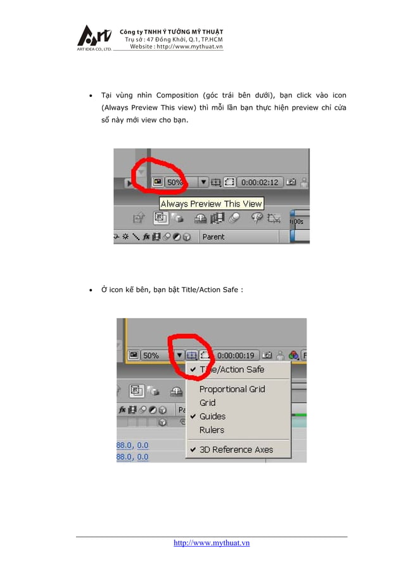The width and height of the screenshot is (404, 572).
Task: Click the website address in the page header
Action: point(176,47)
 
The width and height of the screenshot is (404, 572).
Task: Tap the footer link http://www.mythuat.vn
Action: point(211,543)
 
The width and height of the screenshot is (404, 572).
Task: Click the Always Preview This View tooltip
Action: point(211,204)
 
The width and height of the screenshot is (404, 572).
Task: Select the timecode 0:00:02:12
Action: point(260,182)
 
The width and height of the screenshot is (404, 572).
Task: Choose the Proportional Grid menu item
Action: point(232,389)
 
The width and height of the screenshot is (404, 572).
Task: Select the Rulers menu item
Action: point(211,430)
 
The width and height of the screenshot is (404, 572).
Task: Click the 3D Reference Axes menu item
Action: point(236,450)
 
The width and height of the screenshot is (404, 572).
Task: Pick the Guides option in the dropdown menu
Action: point(212,416)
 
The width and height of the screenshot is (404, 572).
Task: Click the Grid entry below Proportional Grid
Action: point(207,403)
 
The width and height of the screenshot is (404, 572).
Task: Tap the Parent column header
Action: point(213,237)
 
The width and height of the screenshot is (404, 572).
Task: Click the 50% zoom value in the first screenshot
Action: point(175,182)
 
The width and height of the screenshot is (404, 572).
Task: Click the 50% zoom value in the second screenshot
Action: point(151,355)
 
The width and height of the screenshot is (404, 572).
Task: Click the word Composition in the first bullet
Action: point(177,96)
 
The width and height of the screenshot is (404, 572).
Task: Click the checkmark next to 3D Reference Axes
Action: point(193,450)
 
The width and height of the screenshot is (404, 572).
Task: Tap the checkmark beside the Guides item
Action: point(193,416)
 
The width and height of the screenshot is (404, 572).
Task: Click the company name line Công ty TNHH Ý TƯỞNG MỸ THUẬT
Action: point(171,32)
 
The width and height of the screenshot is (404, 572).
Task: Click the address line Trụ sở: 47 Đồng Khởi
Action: point(174,39)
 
